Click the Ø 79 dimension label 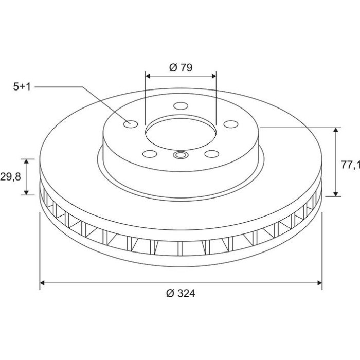coord(181,68)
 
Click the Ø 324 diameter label coord(181,294)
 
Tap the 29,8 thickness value coord(11,177)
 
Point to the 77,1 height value coord(350,165)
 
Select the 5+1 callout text coord(22,87)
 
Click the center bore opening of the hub coord(181,134)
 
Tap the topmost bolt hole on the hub coord(181,106)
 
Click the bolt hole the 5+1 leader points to coord(131,124)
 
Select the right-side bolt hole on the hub coord(231,124)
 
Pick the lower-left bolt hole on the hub coord(150,154)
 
